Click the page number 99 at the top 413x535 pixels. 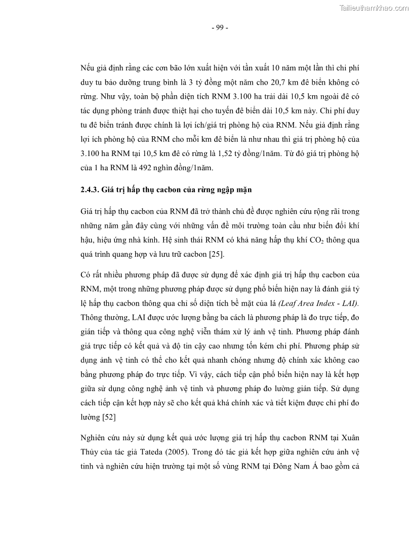click(220, 28)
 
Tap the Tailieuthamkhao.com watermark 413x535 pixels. click(374, 8)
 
